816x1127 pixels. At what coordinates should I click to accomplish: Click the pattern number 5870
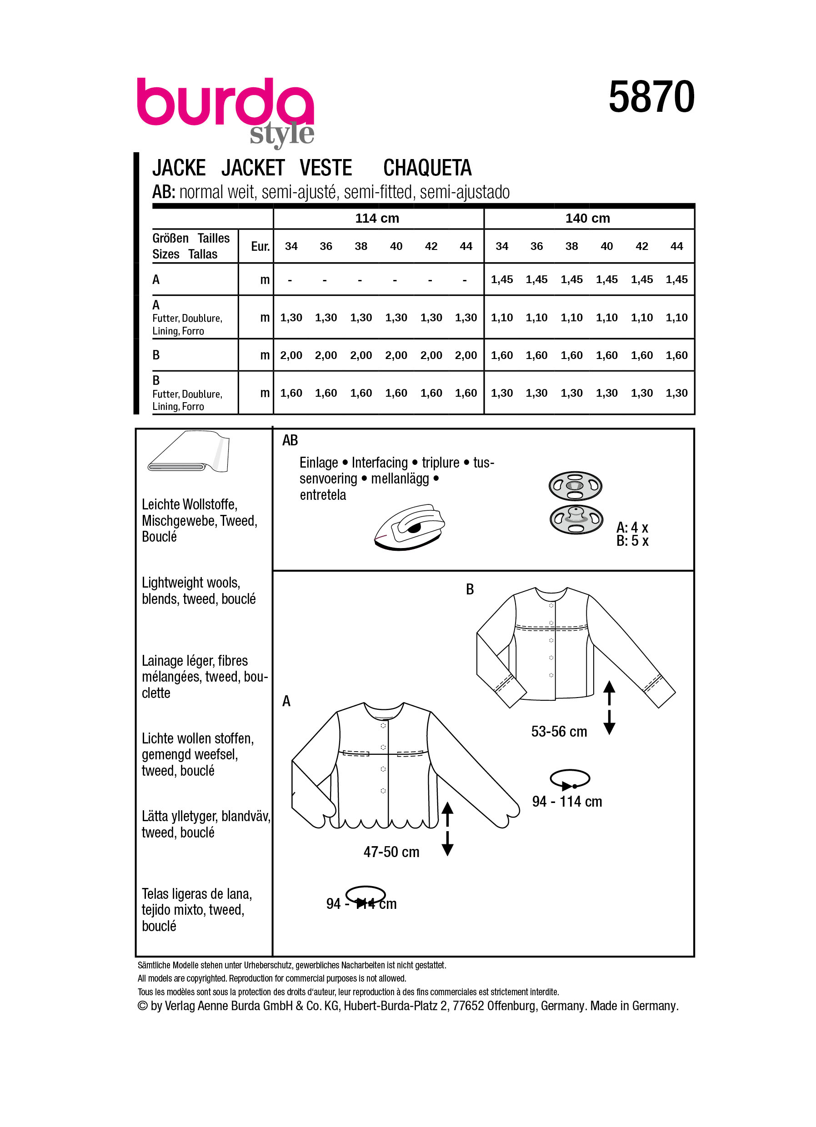pyautogui.click(x=651, y=97)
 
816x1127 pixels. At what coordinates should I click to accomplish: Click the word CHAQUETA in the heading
pyautogui.click(x=427, y=168)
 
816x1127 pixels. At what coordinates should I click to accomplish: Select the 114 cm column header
pyautogui.click(x=377, y=218)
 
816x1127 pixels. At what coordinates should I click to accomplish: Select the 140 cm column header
pyautogui.click(x=587, y=218)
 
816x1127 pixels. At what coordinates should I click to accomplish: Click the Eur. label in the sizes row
pyautogui.click(x=260, y=246)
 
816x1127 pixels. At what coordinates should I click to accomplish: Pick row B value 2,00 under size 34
pyautogui.click(x=291, y=355)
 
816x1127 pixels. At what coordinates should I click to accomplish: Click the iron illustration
pyautogui.click(x=410, y=527)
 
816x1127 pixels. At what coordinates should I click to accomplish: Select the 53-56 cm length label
pyautogui.click(x=559, y=732)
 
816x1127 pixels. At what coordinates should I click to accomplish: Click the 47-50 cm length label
pyautogui.click(x=391, y=852)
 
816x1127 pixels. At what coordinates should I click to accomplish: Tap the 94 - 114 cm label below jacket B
pyautogui.click(x=566, y=802)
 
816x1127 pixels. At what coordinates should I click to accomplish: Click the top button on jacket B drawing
pyautogui.click(x=551, y=605)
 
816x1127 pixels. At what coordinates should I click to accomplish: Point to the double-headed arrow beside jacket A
pyautogui.click(x=447, y=828)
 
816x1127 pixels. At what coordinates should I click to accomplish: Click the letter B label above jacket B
pyautogui.click(x=470, y=589)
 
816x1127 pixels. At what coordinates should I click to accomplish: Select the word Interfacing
pyautogui.click(x=380, y=463)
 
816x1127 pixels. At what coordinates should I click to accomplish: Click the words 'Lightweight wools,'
pyautogui.click(x=191, y=583)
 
